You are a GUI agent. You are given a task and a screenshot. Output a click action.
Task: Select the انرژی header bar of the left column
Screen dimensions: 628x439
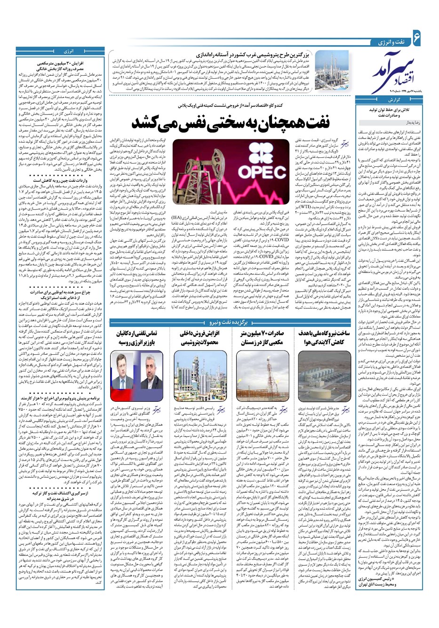[69, 50]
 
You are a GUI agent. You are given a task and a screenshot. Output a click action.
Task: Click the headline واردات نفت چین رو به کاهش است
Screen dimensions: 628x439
[69, 180]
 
